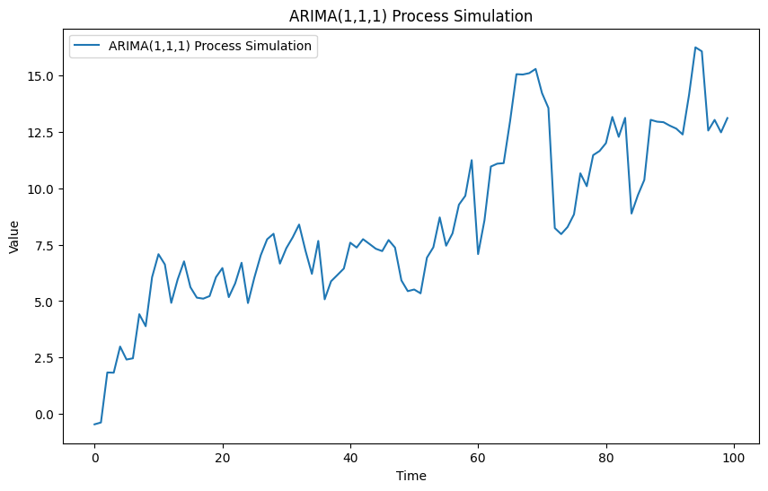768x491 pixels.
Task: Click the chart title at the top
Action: [410, 16]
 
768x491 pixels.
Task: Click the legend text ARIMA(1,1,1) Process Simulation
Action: [209, 46]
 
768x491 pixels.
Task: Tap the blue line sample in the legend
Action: [87, 46]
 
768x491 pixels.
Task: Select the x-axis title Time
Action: [410, 476]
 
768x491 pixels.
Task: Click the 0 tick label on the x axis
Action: [94, 457]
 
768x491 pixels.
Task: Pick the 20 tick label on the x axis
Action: [222, 457]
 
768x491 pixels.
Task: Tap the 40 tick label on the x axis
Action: [350, 457]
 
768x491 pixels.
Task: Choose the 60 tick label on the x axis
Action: [478, 457]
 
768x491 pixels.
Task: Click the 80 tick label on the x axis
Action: [606, 457]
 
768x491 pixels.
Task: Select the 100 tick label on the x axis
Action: [734, 457]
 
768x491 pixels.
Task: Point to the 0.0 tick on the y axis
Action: [45, 414]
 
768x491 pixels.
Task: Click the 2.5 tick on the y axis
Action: [45, 358]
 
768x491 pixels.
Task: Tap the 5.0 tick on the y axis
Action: [45, 302]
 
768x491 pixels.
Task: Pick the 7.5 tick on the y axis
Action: [45, 245]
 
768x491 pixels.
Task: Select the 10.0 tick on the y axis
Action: [42, 189]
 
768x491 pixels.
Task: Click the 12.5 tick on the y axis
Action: [42, 132]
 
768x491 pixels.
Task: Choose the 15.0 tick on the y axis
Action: [42, 75]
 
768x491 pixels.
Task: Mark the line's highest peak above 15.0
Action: [695, 48]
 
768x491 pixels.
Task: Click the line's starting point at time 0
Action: [94, 424]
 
